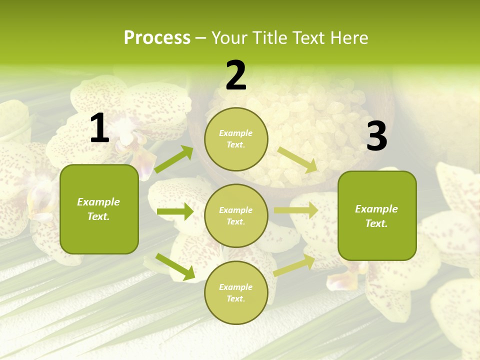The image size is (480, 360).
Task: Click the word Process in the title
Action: click(x=157, y=38)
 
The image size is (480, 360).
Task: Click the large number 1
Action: click(x=99, y=128)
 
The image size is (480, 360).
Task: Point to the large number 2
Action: click(x=236, y=75)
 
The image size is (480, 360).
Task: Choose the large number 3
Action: click(x=376, y=136)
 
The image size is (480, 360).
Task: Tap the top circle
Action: click(x=236, y=139)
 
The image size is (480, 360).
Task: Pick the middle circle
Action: click(x=236, y=215)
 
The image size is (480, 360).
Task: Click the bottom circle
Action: click(x=236, y=292)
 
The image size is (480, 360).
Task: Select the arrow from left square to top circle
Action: click(x=174, y=159)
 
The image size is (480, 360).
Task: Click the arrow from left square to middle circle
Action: click(x=175, y=211)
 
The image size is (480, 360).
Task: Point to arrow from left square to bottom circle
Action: click(x=175, y=266)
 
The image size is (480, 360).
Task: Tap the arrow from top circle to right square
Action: click(x=297, y=159)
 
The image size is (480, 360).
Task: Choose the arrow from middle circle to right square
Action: click(x=296, y=210)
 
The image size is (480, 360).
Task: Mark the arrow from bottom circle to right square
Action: click(x=294, y=265)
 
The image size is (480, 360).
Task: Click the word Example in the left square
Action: click(x=98, y=202)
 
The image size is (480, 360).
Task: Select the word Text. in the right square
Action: click(x=376, y=223)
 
